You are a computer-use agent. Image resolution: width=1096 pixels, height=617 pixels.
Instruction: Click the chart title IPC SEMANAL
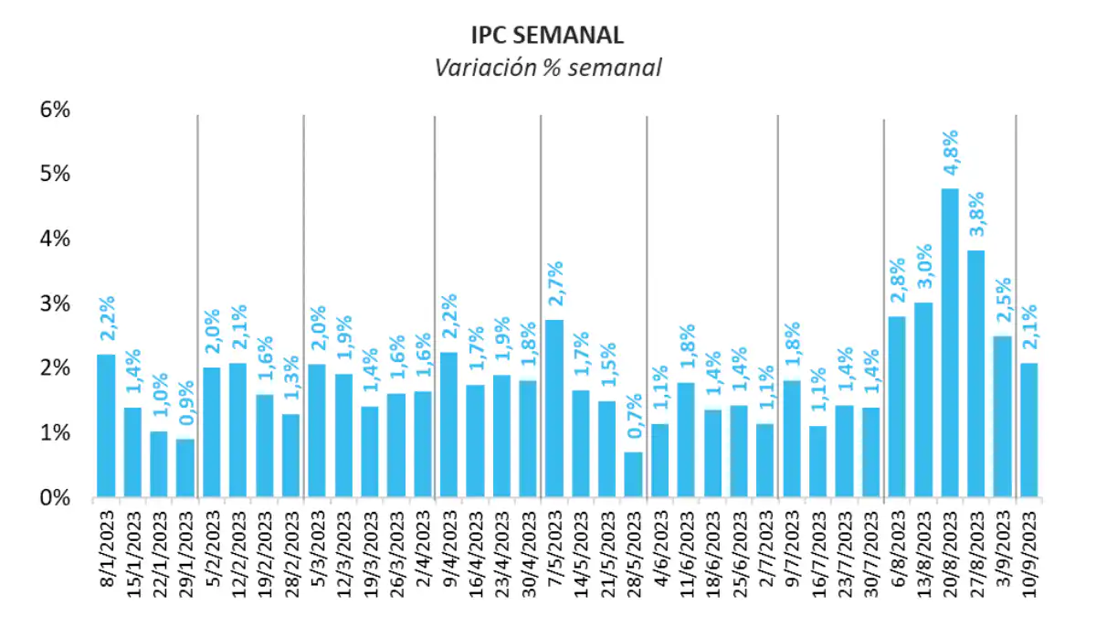click(547, 35)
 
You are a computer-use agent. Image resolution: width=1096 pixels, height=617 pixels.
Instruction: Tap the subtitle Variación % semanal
click(547, 68)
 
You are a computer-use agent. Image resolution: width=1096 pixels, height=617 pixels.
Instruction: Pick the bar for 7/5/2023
click(554, 409)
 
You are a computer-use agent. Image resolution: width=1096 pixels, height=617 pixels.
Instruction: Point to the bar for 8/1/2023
click(106, 426)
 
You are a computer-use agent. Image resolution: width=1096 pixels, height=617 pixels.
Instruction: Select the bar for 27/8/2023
click(975, 374)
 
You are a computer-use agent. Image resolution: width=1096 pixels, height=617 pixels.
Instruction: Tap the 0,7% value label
click(633, 423)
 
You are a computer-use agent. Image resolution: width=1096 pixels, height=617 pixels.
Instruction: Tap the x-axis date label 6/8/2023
click(898, 553)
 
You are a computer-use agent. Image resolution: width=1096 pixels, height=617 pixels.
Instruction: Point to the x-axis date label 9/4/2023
click(448, 553)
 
